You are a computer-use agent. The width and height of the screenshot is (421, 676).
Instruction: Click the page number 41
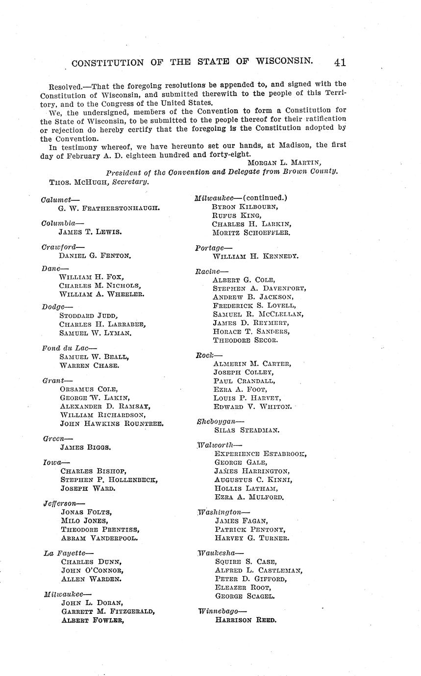(340, 62)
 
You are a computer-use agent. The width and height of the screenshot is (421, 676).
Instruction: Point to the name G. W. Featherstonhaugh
(109, 208)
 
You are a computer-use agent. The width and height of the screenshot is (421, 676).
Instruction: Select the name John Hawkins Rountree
(112, 423)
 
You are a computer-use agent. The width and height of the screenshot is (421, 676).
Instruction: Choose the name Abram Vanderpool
(99, 537)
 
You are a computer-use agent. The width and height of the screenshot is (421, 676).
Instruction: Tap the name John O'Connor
(92, 570)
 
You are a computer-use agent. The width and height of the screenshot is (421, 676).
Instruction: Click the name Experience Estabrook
(260, 454)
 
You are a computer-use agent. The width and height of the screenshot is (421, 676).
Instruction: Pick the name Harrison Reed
(246, 620)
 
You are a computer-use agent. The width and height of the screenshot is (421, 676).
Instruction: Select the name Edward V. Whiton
(252, 407)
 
